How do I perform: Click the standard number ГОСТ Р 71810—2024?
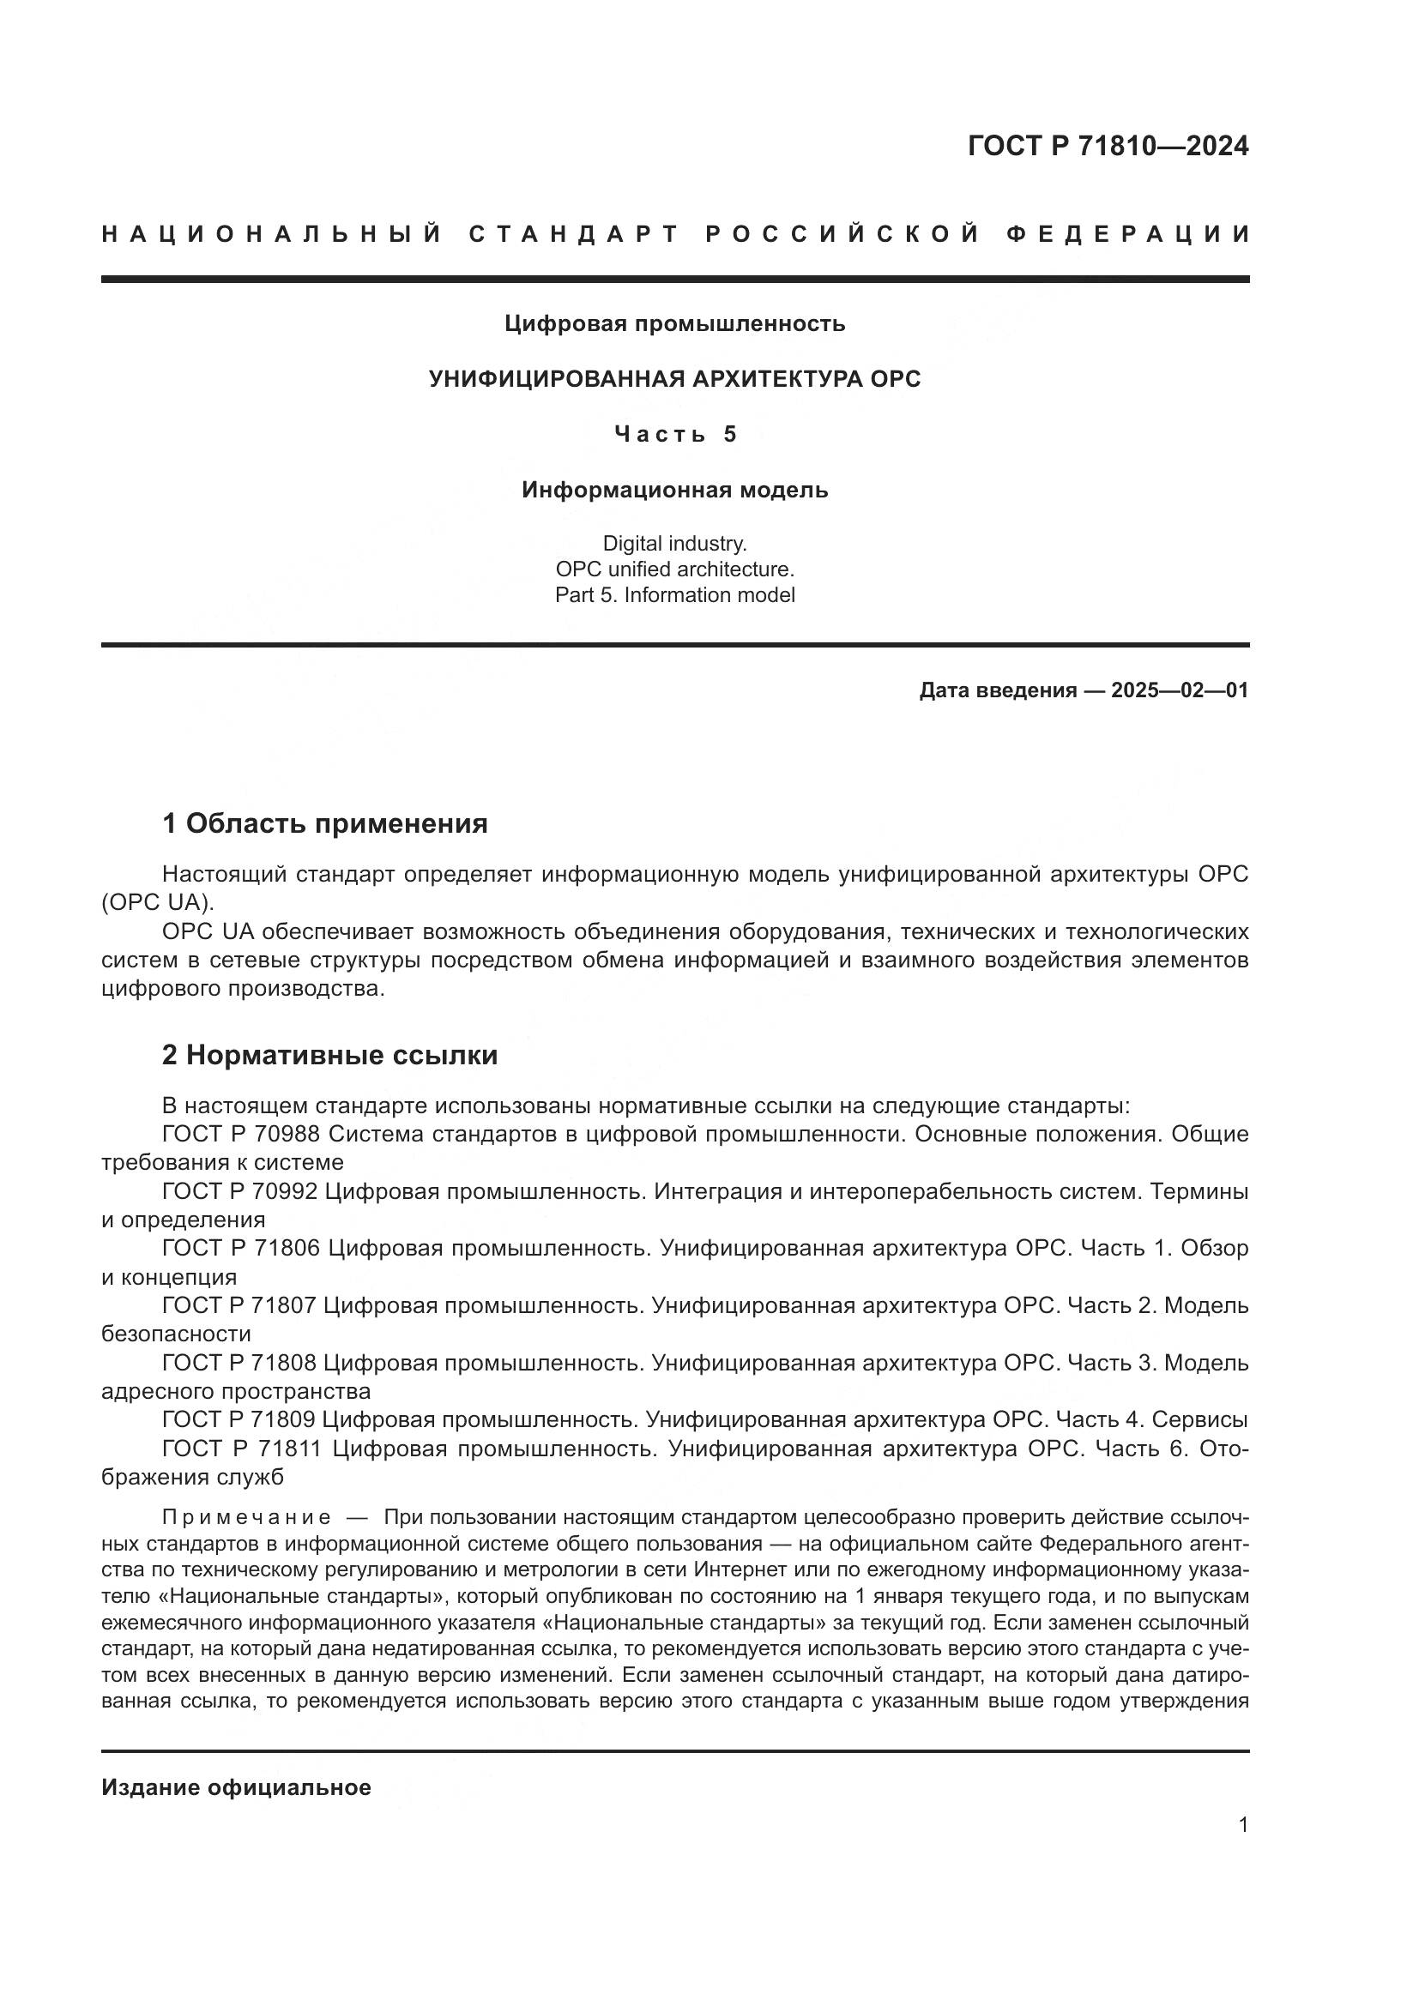click(1108, 146)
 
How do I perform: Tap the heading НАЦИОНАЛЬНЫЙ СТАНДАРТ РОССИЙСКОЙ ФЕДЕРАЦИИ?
click(675, 234)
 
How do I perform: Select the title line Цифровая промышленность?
click(674, 324)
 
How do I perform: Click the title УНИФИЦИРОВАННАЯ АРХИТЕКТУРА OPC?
click(674, 379)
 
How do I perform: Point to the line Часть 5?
click(675, 434)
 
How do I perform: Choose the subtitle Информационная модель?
click(674, 491)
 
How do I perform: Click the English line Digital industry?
click(674, 544)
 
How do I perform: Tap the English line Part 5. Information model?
click(674, 595)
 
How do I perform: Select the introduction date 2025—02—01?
click(1180, 690)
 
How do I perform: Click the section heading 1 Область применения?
click(325, 823)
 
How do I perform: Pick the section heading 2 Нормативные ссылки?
click(329, 1056)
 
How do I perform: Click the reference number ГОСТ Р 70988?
click(240, 1134)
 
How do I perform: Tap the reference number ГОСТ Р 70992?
click(240, 1191)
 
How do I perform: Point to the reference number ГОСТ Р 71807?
click(240, 1305)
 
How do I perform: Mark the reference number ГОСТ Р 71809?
click(240, 1419)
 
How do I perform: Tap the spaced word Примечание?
click(246, 1517)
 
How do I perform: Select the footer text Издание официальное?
click(236, 1787)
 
